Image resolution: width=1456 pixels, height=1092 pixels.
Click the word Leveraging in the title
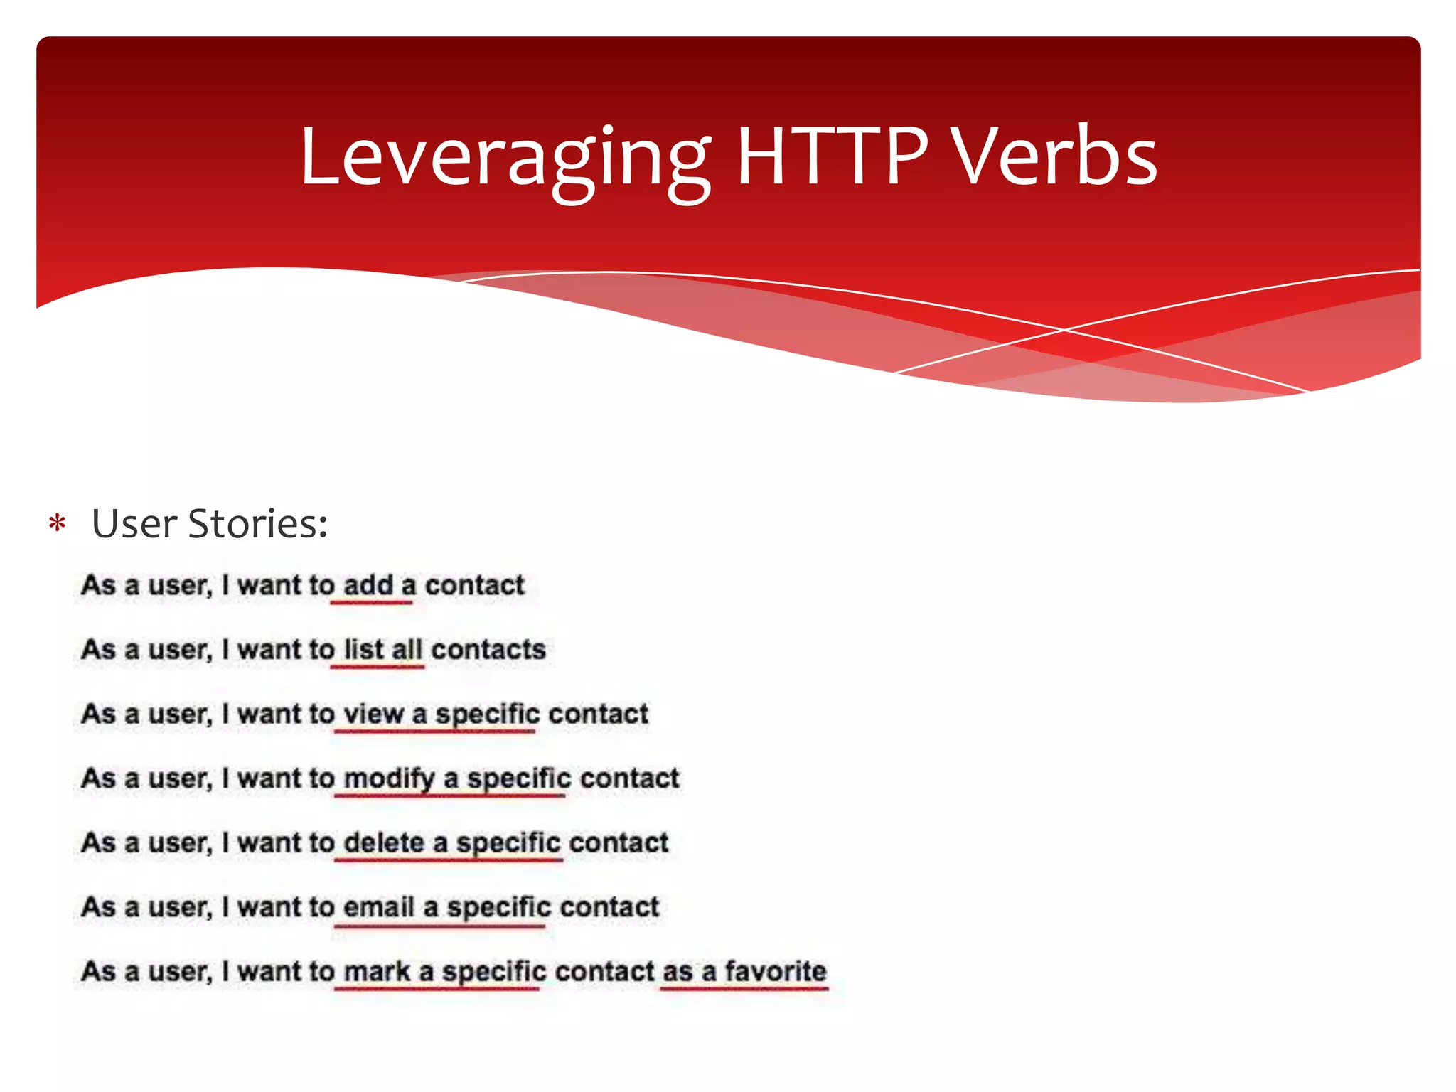coord(505,158)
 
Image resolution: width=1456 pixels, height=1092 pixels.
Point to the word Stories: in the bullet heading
coord(258,525)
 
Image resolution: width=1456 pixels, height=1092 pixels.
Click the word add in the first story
coord(368,585)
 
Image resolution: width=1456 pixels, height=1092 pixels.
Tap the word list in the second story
coord(363,650)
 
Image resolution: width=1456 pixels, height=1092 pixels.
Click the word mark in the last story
coord(377,972)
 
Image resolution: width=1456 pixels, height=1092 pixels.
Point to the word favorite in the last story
coord(775,971)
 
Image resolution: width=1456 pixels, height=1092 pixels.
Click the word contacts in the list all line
coord(488,650)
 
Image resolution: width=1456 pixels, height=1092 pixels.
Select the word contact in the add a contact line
coord(474,585)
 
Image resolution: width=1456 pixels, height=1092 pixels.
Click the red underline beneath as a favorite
coord(744,988)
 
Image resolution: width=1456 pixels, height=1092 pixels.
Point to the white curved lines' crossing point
coord(1064,330)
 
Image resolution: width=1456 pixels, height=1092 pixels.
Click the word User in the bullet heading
coord(134,525)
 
